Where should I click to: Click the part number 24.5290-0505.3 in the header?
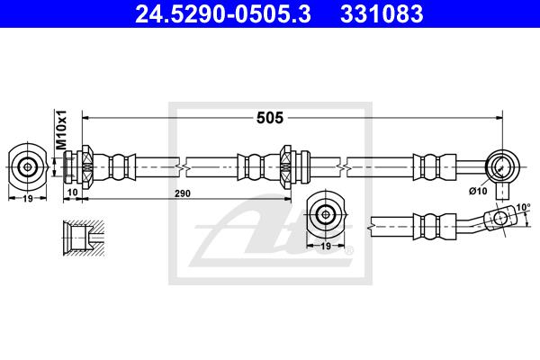tap(223, 14)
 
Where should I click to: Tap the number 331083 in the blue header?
tap(382, 14)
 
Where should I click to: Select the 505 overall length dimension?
tap(270, 118)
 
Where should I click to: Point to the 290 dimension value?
tap(182, 193)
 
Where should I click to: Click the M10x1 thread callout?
tap(61, 130)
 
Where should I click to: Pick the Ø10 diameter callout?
tap(478, 191)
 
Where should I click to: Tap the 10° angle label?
tap(523, 207)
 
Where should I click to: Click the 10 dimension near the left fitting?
tap(73, 192)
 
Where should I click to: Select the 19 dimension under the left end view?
tap(28, 198)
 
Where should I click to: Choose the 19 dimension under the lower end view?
tap(326, 246)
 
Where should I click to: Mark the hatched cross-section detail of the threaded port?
tap(84, 238)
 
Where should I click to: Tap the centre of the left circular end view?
tap(27, 167)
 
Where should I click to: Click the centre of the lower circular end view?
tap(325, 214)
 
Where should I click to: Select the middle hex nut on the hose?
tap(286, 167)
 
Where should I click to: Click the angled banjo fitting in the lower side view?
tap(500, 219)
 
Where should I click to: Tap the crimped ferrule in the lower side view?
tap(435, 226)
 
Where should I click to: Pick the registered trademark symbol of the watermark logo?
tap(349, 250)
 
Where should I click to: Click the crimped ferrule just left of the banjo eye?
tap(435, 167)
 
